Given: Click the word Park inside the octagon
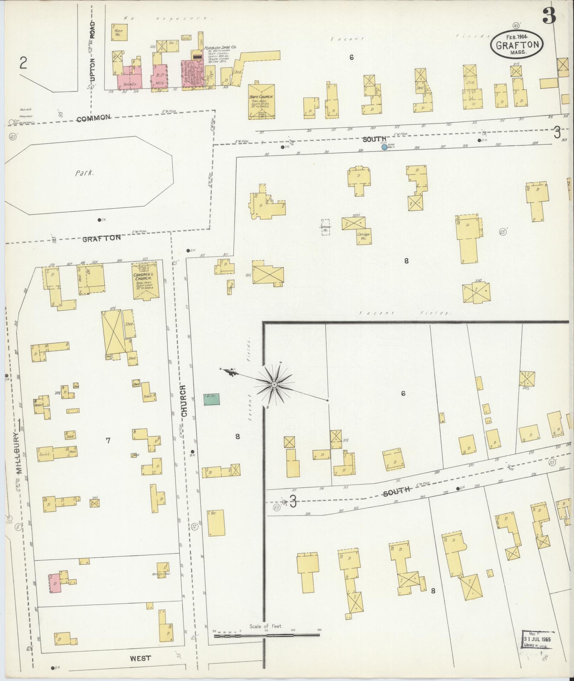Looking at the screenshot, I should click(x=84, y=173).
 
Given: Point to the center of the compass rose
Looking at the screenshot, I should click(x=274, y=385).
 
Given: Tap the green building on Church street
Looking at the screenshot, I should click(x=211, y=399).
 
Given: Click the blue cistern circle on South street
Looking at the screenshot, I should click(x=384, y=147).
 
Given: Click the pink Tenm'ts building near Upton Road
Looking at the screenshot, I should click(x=130, y=79).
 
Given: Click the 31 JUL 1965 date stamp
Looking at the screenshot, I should click(x=537, y=639).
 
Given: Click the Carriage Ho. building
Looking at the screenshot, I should click(x=364, y=236).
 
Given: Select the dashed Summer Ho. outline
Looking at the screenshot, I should click(x=325, y=227).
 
